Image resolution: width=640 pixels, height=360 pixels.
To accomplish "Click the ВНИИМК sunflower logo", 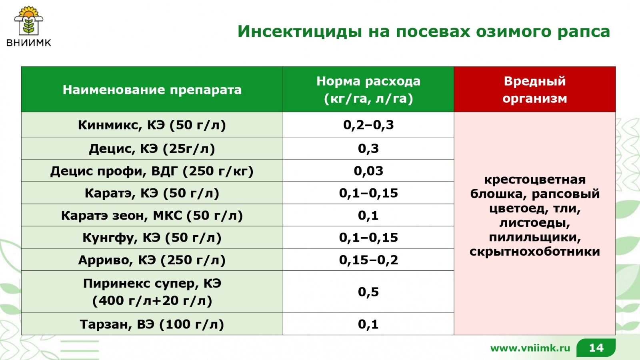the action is coord(28,26).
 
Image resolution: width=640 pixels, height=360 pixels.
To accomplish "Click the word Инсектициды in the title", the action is coord(300,32).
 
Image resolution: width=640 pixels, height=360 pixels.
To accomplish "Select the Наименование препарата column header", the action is coord(152,90).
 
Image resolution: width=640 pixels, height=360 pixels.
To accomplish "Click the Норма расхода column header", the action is coord(368,90).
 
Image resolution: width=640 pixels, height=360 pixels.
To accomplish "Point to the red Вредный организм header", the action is coord(534,90).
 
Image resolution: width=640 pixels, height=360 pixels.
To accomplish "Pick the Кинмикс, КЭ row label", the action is coord(152,125).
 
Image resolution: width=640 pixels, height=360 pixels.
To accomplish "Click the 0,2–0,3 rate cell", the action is coord(368,125).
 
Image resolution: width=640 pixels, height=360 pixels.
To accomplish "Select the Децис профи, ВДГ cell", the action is coord(152,171).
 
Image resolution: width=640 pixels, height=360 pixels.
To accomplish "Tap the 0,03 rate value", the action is coord(368,171).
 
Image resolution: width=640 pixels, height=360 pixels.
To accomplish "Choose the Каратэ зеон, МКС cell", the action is coord(152,216).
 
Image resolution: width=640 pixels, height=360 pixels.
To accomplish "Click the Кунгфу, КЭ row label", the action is coord(152,238).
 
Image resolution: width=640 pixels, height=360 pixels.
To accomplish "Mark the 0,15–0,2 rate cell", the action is coord(368,260).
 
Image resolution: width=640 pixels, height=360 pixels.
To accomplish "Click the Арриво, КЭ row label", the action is coord(152,260).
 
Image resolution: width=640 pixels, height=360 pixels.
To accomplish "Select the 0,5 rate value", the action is coord(368,292).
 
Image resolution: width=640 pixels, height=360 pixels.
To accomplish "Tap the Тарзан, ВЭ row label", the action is coord(152,324).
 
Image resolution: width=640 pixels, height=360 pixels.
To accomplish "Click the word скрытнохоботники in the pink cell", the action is coord(534,252).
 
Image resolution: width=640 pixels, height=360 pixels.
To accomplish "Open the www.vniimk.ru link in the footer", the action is coord(530,348).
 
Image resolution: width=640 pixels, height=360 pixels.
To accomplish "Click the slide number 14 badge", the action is coord(596,348).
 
